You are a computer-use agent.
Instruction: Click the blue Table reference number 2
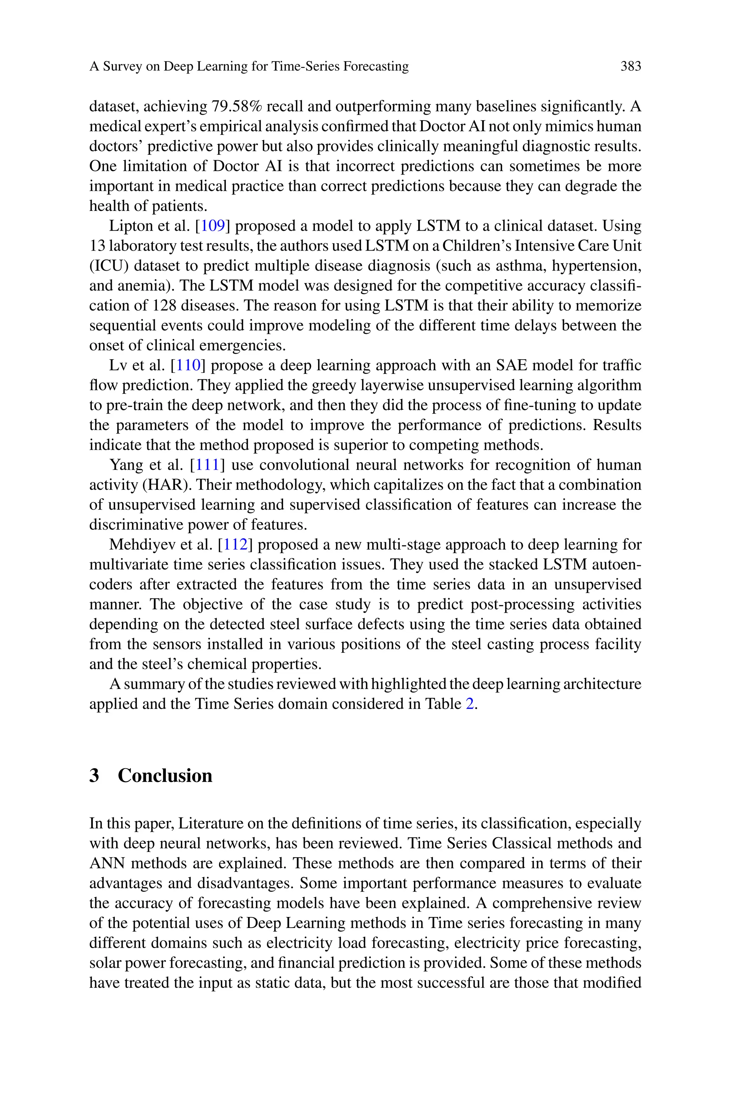point(470,704)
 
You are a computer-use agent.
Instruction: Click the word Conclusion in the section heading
point(165,776)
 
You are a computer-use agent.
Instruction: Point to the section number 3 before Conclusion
point(94,776)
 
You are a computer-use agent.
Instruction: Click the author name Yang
point(123,465)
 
